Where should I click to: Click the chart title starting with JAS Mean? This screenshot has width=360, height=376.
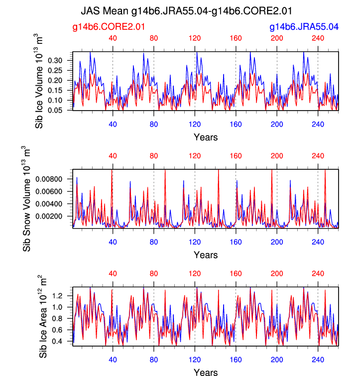186,10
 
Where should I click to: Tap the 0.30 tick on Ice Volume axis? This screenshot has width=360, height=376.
61,60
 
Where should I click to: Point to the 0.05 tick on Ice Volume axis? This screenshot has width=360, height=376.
61,110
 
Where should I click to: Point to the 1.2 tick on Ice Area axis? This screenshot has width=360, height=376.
64,296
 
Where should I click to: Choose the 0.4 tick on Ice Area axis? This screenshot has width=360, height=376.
64,342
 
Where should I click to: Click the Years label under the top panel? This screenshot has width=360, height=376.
206,137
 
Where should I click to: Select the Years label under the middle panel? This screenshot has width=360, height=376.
206,255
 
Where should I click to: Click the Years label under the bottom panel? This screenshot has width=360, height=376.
206,371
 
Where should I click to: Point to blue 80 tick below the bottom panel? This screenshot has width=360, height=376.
153,357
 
